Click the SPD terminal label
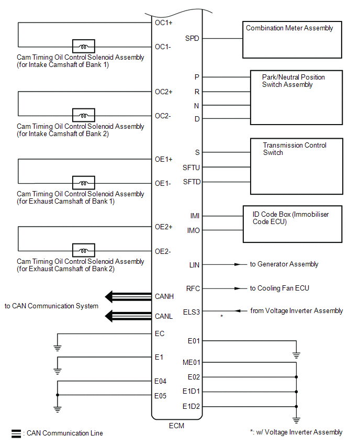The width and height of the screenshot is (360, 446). pyautogui.click(x=192, y=38)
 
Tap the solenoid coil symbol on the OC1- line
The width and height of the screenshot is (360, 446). pyautogui.click(x=83, y=46)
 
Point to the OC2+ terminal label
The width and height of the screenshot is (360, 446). pyautogui.click(x=163, y=92)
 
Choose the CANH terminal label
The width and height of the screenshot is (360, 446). pyautogui.click(x=164, y=297)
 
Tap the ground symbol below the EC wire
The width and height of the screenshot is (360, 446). pyautogui.click(x=58, y=347)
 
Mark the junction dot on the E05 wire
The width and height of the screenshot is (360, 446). pyautogui.click(x=58, y=395)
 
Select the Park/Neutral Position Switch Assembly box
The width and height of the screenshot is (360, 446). pyautogui.click(x=296, y=98)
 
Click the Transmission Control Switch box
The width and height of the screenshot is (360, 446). pyautogui.click(x=296, y=166)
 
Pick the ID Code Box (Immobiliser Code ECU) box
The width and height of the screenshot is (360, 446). pyautogui.click(x=292, y=224)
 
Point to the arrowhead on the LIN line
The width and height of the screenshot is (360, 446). pyautogui.click(x=238, y=265)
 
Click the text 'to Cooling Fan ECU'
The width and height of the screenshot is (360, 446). pyautogui.click(x=283, y=288)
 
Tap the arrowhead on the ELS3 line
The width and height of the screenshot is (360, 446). pyautogui.click(x=238, y=311)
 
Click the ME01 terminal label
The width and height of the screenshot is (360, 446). pyautogui.click(x=191, y=362)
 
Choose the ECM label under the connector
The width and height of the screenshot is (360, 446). pyautogui.click(x=177, y=426)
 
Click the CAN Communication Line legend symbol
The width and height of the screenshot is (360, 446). pyautogui.click(x=16, y=433)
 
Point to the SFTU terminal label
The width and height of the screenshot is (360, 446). pyautogui.click(x=191, y=168)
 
